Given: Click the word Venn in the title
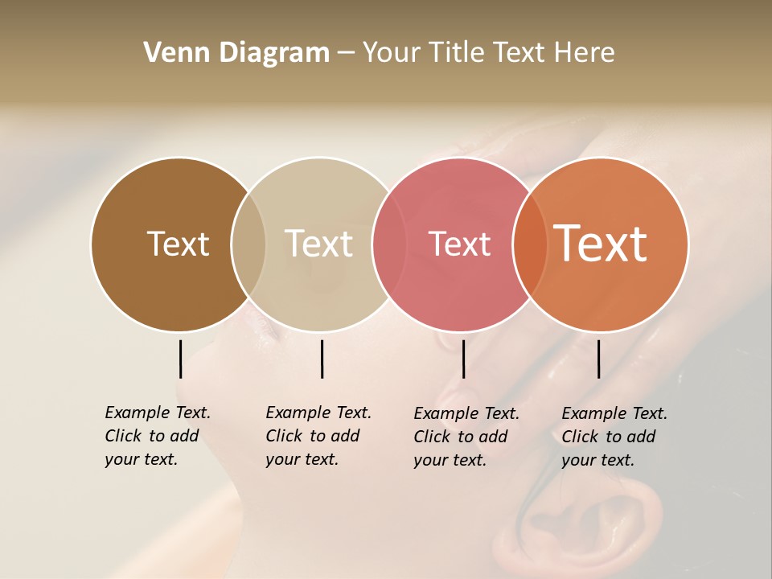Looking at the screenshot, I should [170, 53].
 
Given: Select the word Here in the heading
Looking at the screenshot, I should [585, 53].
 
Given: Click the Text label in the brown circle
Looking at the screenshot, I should [178, 244].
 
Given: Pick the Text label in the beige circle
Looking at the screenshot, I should [318, 244].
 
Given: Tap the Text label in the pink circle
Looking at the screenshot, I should [459, 244].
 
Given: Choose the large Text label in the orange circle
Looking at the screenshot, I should [601, 244].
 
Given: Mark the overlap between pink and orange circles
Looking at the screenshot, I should [530, 244].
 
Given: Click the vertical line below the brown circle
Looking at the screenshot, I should [180, 359].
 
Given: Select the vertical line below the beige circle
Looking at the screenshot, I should [322, 359].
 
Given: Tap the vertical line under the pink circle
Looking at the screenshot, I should [463, 359].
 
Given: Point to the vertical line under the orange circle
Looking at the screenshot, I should [598, 359].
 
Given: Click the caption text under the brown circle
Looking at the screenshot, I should [157, 436].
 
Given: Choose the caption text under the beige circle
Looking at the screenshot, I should [318, 436].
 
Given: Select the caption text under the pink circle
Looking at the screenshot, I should [466, 437].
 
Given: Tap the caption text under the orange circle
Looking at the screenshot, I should [614, 437].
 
